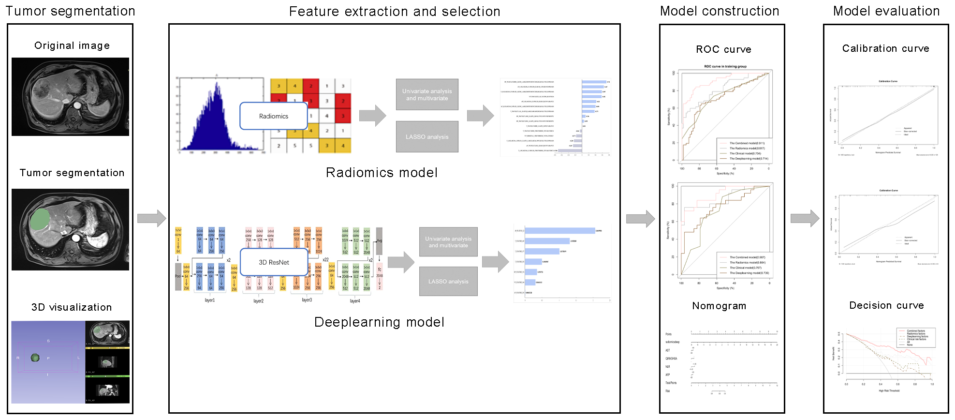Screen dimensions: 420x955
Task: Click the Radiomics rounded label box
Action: (274, 116)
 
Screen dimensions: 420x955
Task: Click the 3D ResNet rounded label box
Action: (274, 262)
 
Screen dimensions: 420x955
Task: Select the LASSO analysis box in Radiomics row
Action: (427, 137)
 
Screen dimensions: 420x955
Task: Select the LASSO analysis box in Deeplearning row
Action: (448, 281)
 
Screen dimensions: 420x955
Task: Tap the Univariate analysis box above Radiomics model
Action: (427, 95)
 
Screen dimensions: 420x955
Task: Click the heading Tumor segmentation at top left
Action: (71, 11)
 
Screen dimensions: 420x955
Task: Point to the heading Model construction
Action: (720, 11)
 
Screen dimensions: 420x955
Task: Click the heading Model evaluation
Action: (886, 11)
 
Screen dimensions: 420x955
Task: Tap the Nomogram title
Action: (719, 306)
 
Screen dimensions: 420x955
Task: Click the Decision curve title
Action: (886, 305)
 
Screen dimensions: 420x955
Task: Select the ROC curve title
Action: (723, 49)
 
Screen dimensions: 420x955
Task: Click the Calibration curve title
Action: (885, 48)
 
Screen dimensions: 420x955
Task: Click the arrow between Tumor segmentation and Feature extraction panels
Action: (151, 218)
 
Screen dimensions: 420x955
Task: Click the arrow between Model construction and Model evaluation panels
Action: (805, 218)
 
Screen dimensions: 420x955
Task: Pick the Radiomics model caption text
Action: (382, 173)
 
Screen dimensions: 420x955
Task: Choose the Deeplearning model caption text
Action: (379, 322)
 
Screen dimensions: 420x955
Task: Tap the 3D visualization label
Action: (72, 307)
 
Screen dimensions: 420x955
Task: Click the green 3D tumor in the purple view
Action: (35, 358)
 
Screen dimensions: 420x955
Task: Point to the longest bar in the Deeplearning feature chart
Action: (559, 231)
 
